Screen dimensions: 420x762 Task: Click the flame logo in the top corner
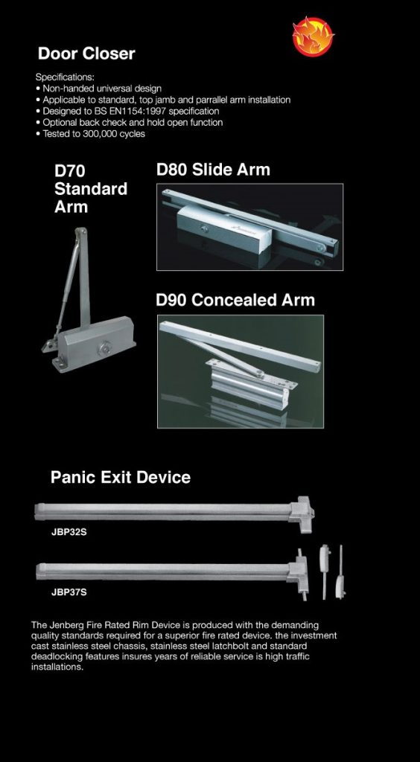point(314,36)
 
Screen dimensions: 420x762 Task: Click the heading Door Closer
point(86,54)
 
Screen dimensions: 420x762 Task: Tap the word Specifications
point(65,77)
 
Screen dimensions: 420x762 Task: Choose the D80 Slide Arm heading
point(213,170)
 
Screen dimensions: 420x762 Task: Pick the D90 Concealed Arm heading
point(235,300)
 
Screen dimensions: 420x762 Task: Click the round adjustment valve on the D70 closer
point(104,348)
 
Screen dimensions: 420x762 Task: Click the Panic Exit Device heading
point(121,477)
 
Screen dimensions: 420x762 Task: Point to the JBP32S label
point(69,531)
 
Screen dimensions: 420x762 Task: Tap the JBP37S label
point(69,592)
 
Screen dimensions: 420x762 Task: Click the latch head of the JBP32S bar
point(302,513)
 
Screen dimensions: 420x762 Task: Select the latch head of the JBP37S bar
point(298,574)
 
